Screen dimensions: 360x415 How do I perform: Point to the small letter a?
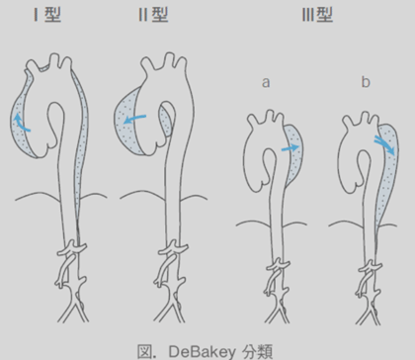pos(266,83)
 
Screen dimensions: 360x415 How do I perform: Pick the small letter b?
pos(364,83)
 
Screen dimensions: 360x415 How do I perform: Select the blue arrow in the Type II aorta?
pos(141,118)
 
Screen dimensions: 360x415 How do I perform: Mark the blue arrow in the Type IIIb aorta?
pos(382,146)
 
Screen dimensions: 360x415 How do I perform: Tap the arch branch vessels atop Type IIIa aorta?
pos(265,118)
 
